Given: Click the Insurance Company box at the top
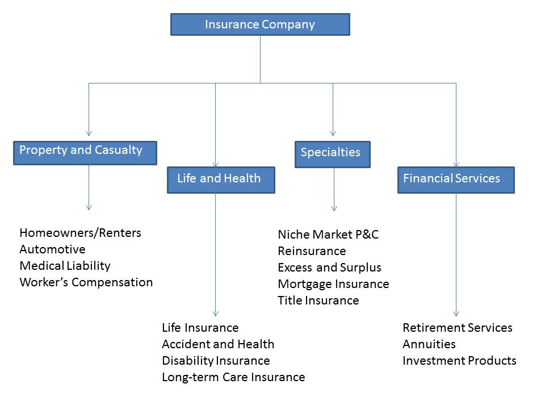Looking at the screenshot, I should (x=260, y=24).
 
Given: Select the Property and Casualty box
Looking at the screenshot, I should (x=85, y=152).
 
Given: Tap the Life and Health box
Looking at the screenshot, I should (x=221, y=180).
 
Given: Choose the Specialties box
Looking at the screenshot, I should (x=332, y=154).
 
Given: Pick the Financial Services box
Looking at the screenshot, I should (x=455, y=180).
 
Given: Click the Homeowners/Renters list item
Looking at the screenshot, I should (x=80, y=233).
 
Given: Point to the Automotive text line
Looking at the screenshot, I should (x=52, y=249).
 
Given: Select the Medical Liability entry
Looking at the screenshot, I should (x=65, y=266).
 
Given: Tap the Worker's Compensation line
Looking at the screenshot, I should (x=86, y=282).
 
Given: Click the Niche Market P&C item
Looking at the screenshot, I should (x=328, y=235).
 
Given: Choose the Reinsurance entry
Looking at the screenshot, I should (x=312, y=251).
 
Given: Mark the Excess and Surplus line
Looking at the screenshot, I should (x=329, y=268).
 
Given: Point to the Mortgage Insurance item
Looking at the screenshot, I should (x=333, y=284).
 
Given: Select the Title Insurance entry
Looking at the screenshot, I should (x=318, y=301).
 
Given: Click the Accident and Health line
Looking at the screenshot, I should (x=218, y=344).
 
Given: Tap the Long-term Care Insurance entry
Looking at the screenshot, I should (x=233, y=377).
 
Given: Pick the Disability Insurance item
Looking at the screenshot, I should (x=216, y=361).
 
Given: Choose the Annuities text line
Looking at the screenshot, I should (x=429, y=344).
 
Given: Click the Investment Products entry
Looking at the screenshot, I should (x=459, y=361).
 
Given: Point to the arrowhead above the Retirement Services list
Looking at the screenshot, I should (x=456, y=313).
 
